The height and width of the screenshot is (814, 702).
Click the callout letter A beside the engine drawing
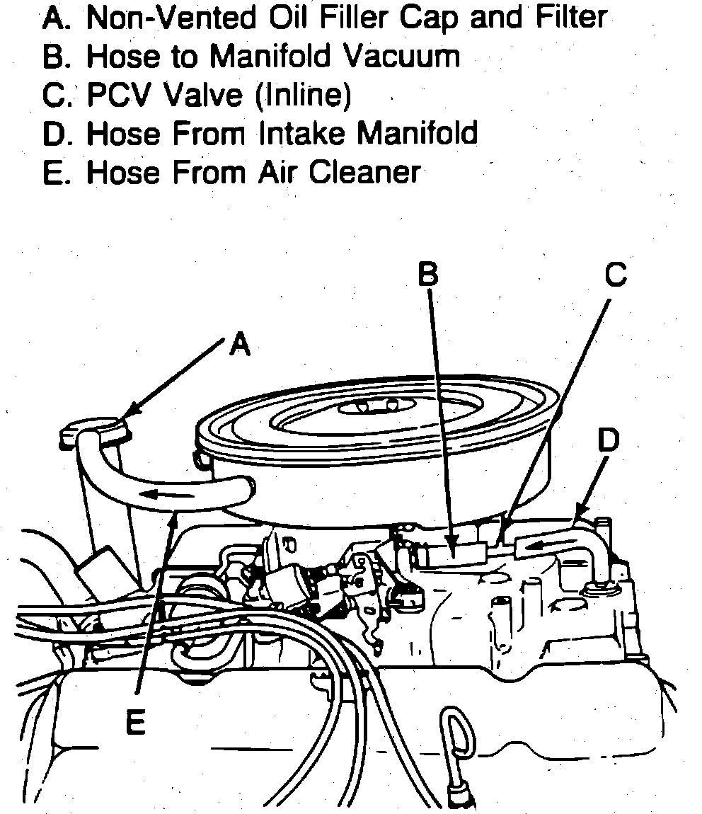coord(241,345)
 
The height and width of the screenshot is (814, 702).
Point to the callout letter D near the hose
coord(607,440)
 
